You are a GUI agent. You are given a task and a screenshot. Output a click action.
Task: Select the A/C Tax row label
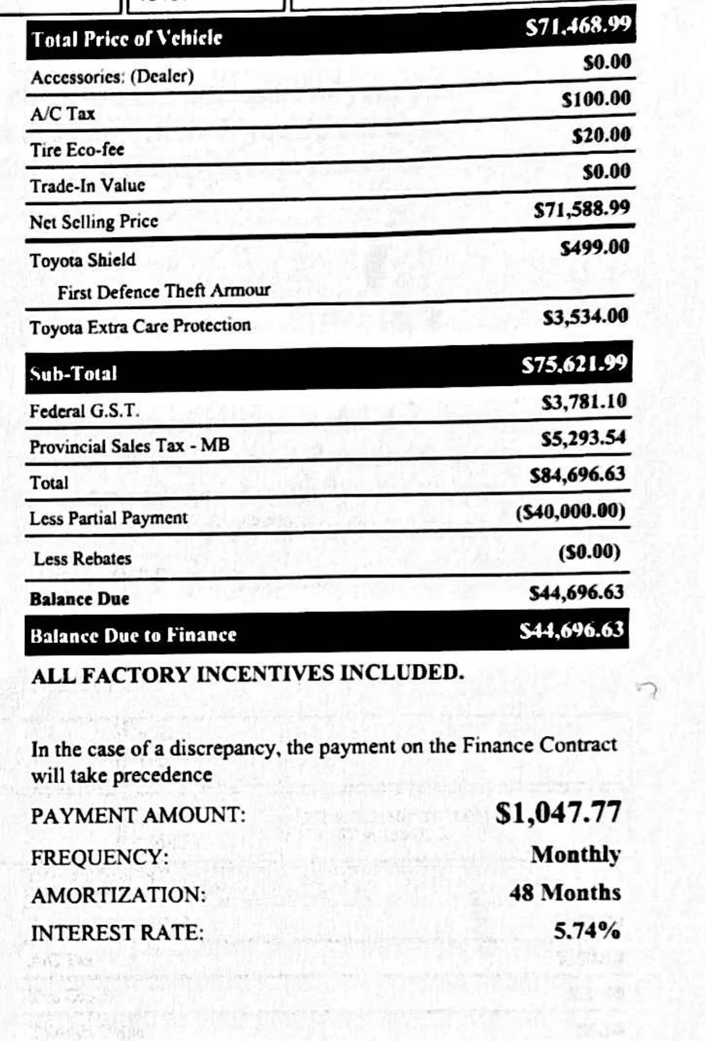(x=62, y=114)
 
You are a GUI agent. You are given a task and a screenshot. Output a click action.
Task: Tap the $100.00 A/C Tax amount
(x=596, y=100)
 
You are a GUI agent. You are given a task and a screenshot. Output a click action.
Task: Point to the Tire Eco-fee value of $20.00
(x=601, y=135)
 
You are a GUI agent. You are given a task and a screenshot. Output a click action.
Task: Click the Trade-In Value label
(x=87, y=185)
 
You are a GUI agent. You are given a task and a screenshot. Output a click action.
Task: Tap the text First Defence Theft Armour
(x=163, y=291)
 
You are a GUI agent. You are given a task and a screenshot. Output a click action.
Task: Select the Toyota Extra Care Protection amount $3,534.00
(x=586, y=318)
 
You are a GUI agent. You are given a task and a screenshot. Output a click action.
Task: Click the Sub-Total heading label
(x=74, y=373)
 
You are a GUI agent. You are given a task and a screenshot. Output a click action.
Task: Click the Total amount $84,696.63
(x=578, y=474)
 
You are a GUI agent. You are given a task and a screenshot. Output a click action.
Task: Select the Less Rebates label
(x=83, y=558)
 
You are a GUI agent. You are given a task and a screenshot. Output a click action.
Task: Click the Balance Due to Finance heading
(x=133, y=635)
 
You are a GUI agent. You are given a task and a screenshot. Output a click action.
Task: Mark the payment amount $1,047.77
(x=558, y=813)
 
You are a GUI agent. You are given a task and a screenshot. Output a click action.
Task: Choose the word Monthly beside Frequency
(x=575, y=855)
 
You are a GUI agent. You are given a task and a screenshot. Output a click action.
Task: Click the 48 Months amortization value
(x=565, y=893)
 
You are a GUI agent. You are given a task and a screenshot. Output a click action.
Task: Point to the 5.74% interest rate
(x=587, y=931)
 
